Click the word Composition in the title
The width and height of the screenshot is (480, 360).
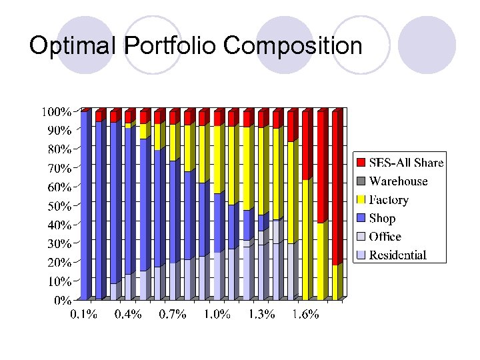pos(293,47)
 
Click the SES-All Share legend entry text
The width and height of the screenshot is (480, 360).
pos(406,163)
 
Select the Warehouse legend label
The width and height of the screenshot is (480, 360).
pos(398,181)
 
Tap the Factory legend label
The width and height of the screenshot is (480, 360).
pos(389,199)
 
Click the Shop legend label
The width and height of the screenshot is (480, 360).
pos(382,218)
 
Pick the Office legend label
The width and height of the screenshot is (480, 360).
pos(385,237)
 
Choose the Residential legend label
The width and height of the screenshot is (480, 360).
pos(398,255)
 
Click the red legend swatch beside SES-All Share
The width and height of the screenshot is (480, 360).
pos(361,163)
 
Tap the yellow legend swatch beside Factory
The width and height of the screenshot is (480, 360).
pos(361,199)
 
